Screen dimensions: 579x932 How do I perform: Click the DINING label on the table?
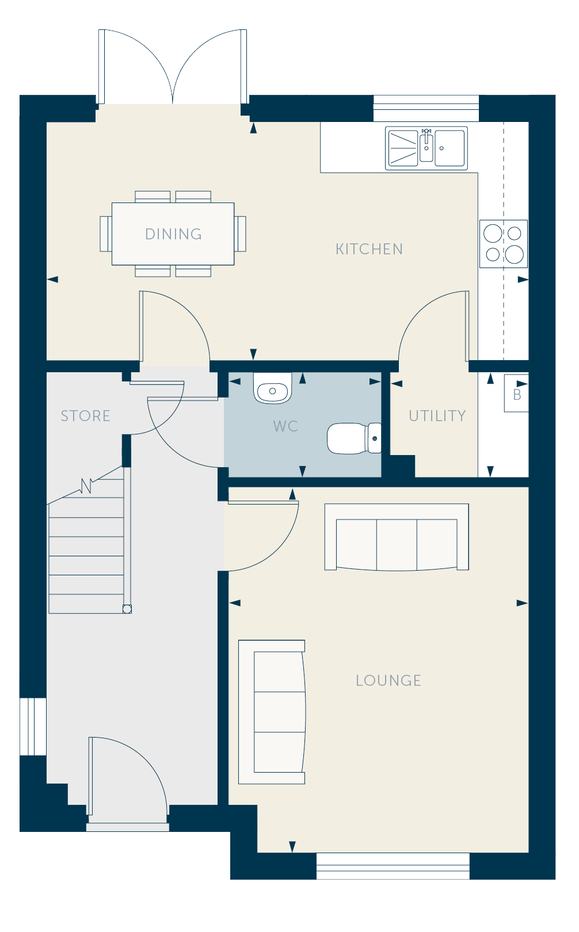[174, 234]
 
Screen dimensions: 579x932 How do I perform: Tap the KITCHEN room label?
[369, 249]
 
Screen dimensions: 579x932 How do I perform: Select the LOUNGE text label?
[388, 680]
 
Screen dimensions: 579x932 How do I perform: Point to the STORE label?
[86, 415]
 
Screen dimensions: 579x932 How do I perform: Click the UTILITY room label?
[437, 415]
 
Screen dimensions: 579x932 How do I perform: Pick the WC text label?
[285, 426]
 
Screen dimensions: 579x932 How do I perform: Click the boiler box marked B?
[516, 393]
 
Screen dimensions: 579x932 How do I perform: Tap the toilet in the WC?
[354, 438]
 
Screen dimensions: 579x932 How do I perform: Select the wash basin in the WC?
[273, 388]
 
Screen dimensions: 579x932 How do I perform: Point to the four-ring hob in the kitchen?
[503, 244]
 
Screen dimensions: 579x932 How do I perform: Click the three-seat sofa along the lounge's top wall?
[397, 537]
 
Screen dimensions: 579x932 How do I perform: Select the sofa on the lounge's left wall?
[272, 712]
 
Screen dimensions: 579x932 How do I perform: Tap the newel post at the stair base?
[127, 609]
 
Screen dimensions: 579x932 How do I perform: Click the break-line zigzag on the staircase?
[86, 486]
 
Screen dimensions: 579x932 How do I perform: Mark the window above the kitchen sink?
[426, 108]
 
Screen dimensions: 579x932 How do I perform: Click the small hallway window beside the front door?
[33, 727]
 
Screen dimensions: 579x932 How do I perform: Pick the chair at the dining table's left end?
[106, 234]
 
